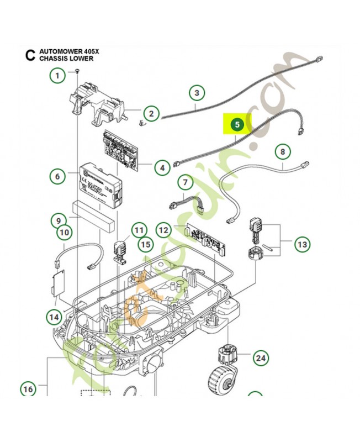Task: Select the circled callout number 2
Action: pos(151,114)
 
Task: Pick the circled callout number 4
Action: pos(162,166)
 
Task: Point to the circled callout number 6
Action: pos(57,177)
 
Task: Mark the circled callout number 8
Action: pos(282,151)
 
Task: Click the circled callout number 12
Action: pos(163,229)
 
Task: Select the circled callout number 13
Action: pos(302,244)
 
